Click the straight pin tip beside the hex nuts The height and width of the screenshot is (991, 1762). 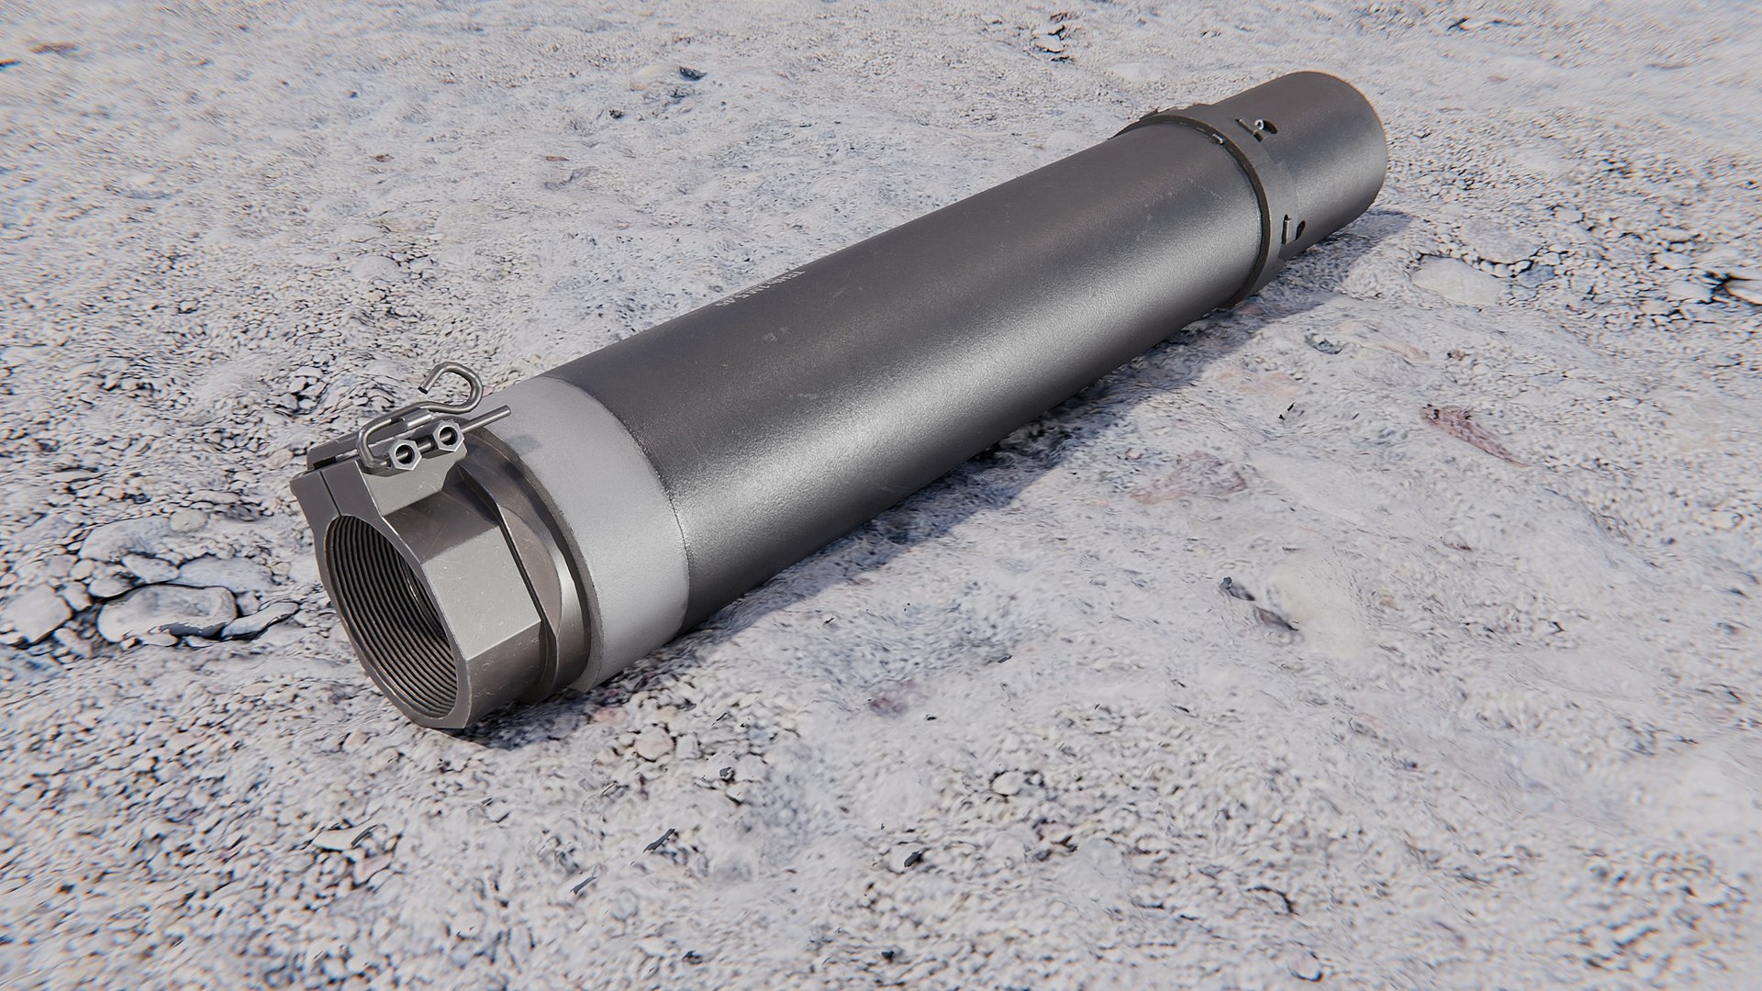coord(503,415)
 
